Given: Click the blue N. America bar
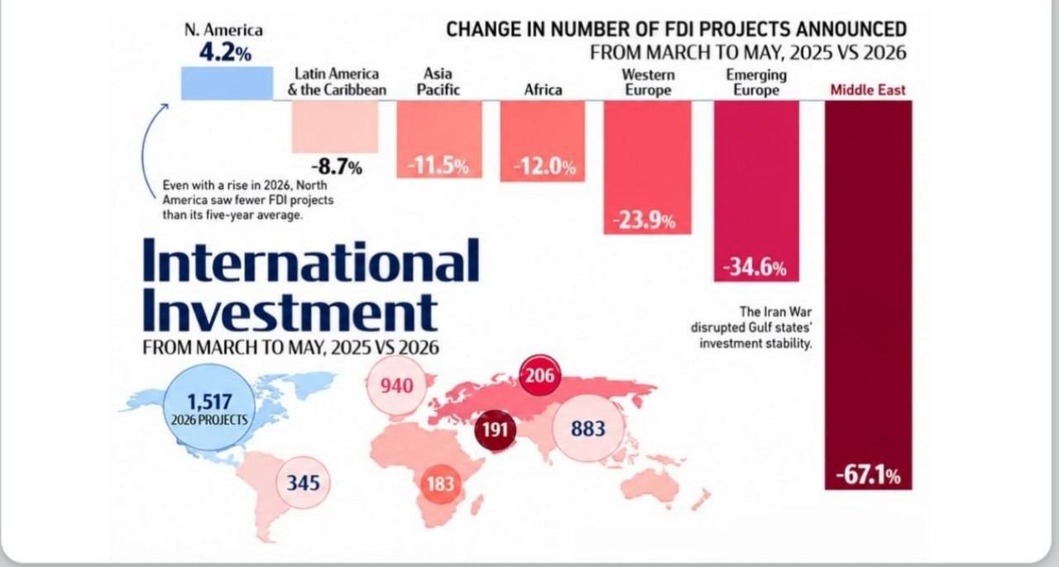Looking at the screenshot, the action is pyautogui.click(x=227, y=83).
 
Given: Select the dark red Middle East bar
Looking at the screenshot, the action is pyautogui.click(x=869, y=295).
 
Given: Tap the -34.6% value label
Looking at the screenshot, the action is pyautogui.click(x=755, y=268).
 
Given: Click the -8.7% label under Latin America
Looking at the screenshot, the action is pyautogui.click(x=337, y=167).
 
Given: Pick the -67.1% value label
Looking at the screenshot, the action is pyautogui.click(x=869, y=475).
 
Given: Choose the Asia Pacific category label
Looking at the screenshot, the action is pyautogui.click(x=438, y=81).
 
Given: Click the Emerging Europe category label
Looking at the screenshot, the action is pyautogui.click(x=756, y=82).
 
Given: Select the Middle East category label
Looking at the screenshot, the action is pyautogui.click(x=868, y=90).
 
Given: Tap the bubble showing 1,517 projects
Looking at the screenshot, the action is pyautogui.click(x=209, y=407).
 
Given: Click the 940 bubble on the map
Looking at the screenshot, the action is pyautogui.click(x=396, y=386).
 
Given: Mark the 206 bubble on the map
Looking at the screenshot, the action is pyautogui.click(x=540, y=375).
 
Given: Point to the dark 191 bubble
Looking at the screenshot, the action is pyautogui.click(x=495, y=430).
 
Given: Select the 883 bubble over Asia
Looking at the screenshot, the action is pyautogui.click(x=588, y=429).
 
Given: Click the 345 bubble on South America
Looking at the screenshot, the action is pyautogui.click(x=304, y=483).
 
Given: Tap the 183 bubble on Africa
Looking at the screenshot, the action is pyautogui.click(x=440, y=484).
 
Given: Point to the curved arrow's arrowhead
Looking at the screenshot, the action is pyautogui.click(x=164, y=107).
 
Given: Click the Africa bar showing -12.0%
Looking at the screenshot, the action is pyautogui.click(x=543, y=141).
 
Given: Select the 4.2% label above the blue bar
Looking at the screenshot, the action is pyautogui.click(x=225, y=53).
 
